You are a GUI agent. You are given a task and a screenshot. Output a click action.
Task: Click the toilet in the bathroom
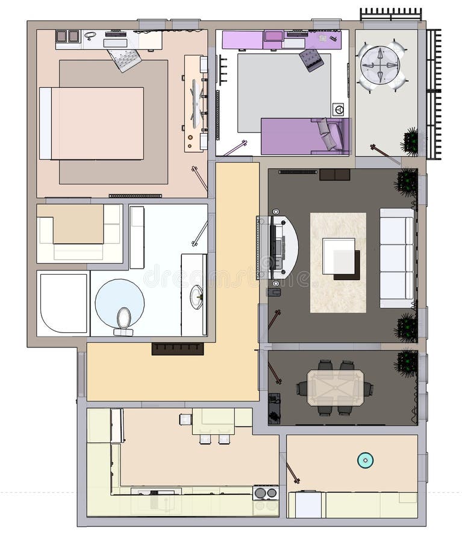point(123,319)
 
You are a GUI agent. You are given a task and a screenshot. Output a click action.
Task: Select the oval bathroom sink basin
point(196,297)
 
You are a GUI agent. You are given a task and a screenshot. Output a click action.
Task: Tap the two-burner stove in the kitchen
point(266,493)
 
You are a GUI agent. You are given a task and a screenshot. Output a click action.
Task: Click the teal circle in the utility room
point(365,460)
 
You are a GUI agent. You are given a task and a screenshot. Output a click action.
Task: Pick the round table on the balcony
point(379,65)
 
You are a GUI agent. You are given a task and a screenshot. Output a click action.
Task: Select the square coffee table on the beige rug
point(339,257)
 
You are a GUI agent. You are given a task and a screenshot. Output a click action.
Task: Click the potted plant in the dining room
point(407,363)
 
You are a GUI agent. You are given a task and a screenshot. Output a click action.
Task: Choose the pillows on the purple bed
point(328,134)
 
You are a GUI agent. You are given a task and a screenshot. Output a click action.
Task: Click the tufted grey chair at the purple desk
point(311,60)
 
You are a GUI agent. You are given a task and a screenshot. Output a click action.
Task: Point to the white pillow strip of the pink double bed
point(45,123)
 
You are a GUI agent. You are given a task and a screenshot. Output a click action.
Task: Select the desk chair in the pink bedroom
point(125,59)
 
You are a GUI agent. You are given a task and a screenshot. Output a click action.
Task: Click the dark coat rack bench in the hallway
point(177,349)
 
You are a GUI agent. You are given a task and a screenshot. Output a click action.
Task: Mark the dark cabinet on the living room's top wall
point(334,175)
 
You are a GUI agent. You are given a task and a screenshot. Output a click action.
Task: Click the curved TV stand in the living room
point(283,247)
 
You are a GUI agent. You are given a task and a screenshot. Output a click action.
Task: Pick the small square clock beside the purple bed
point(339,110)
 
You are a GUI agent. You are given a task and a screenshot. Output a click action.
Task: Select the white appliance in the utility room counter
point(308,505)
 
